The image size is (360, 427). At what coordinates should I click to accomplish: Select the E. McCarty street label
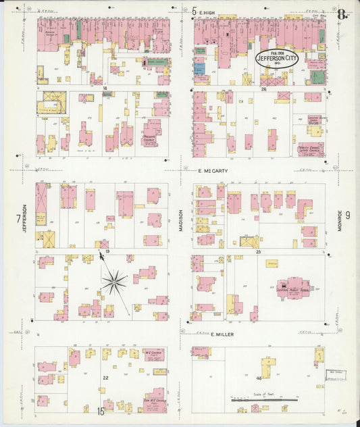(x=213, y=171)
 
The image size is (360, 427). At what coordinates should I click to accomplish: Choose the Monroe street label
(x=340, y=219)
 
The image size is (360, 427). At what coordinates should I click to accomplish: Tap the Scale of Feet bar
(x=264, y=399)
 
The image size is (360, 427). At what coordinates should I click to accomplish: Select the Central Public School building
(x=292, y=288)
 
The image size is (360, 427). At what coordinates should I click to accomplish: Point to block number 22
(x=105, y=378)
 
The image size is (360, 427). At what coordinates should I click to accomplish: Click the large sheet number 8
(x=342, y=14)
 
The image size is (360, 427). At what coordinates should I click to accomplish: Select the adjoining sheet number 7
(x=18, y=218)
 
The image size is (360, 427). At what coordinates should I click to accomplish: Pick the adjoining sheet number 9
(x=348, y=216)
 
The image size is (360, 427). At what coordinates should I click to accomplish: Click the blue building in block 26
(x=199, y=69)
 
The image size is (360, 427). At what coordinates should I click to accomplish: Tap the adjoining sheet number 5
(x=194, y=11)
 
